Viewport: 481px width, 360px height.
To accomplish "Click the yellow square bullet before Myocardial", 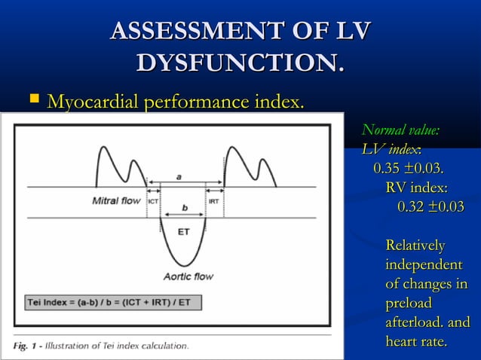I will click(32, 99).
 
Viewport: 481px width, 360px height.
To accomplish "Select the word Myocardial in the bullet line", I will click(96, 100).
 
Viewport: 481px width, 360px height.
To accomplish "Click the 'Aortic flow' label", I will click(188, 276).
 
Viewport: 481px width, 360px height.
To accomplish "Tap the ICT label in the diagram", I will click(153, 201).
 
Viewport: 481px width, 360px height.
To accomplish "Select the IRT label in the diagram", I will click(214, 201).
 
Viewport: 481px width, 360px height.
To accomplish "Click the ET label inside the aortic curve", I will click(183, 232).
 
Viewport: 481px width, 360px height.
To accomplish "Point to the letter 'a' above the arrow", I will click(179, 175).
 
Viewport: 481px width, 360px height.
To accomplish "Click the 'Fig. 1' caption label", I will click(27, 346).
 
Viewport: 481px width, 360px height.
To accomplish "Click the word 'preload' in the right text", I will click(408, 304).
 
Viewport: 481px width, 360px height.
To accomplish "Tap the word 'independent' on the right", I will click(424, 265).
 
